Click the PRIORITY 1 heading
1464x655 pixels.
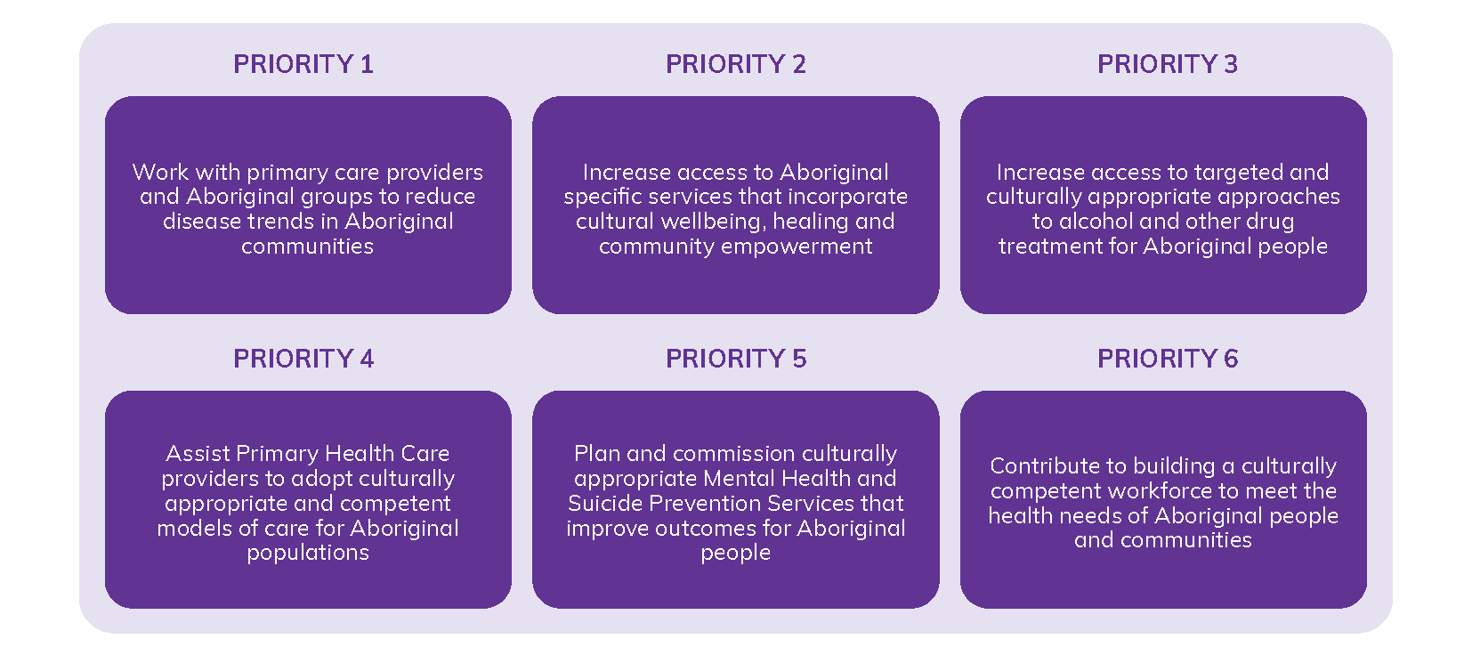click(303, 64)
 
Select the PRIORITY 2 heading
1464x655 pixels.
click(735, 64)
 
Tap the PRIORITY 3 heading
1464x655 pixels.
click(1167, 64)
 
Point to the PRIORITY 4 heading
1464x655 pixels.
click(303, 359)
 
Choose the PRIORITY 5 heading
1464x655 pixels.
click(735, 359)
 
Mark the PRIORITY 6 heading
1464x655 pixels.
click(1167, 359)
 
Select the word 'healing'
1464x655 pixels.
click(813, 222)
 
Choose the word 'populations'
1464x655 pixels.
click(308, 553)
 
